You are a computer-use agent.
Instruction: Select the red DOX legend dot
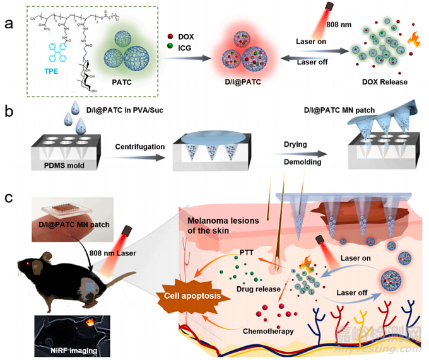[x=171, y=37]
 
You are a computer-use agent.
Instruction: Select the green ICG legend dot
[x=171, y=48]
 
